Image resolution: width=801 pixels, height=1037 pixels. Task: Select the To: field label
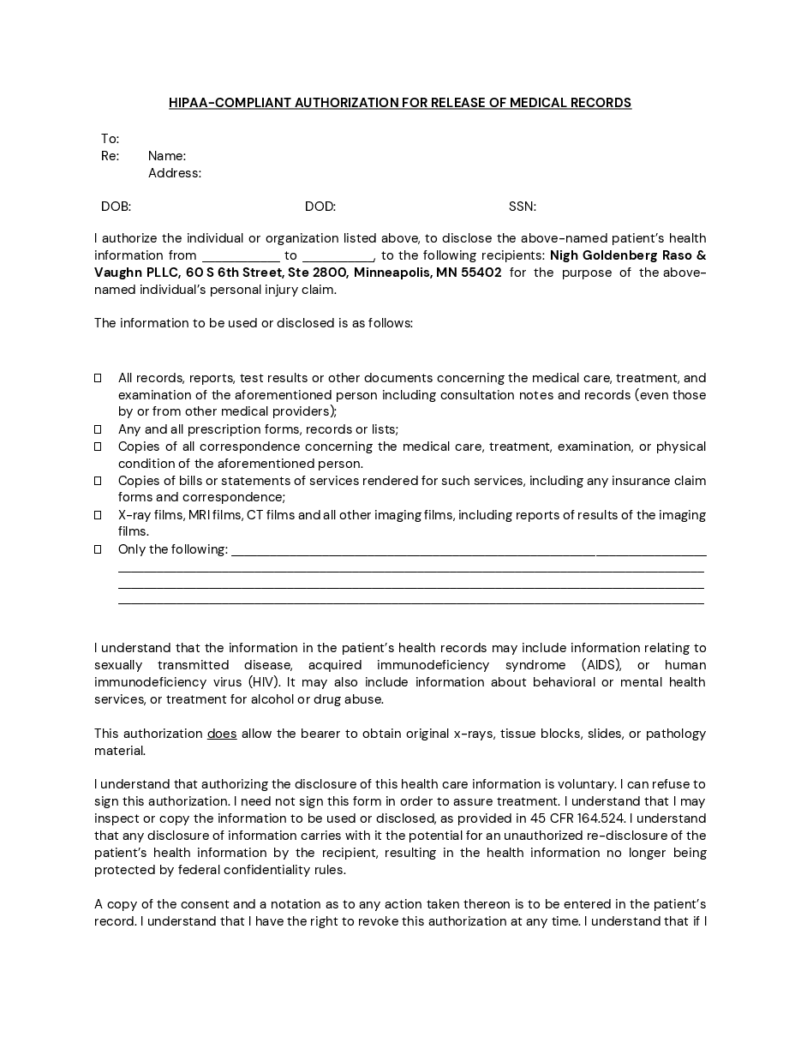(x=110, y=139)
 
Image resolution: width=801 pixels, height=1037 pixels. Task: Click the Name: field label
(x=167, y=156)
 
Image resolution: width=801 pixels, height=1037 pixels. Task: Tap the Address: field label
(x=175, y=173)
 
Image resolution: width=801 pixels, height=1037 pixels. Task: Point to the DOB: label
(x=116, y=207)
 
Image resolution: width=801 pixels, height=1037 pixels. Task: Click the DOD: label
(x=320, y=207)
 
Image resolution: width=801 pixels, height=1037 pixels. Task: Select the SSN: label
(x=523, y=207)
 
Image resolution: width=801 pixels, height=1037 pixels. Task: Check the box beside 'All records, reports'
(x=99, y=378)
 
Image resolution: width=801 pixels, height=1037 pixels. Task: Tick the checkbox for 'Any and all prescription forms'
(x=99, y=429)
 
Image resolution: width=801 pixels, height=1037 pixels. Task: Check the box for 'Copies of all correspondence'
(x=99, y=447)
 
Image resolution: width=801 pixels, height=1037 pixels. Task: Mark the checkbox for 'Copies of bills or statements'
(x=99, y=481)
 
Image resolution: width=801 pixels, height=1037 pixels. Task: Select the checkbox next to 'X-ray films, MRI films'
(x=99, y=515)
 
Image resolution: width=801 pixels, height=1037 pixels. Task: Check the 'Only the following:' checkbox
(x=99, y=549)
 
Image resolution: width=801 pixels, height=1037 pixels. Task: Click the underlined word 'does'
(x=222, y=734)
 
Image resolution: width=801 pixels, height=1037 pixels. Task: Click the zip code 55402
(x=481, y=273)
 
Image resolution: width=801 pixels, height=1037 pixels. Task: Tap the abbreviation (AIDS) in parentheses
(x=601, y=665)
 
